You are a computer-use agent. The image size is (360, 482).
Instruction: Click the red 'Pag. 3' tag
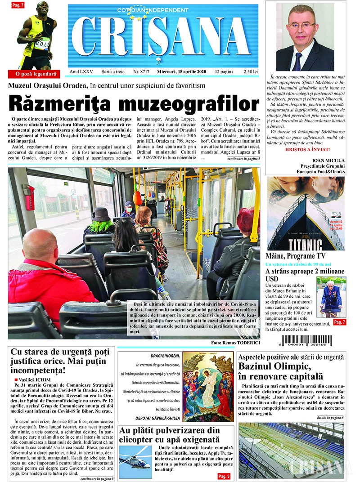[224, 476]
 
